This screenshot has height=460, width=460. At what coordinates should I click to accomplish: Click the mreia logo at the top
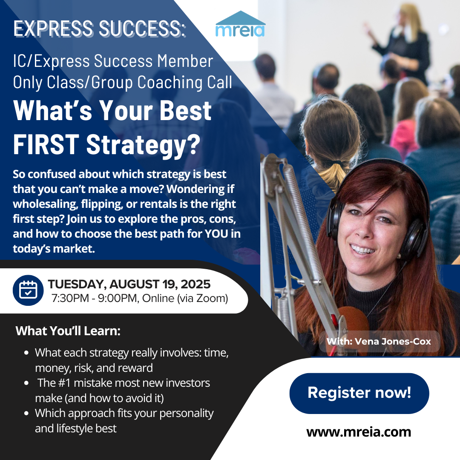tap(240, 24)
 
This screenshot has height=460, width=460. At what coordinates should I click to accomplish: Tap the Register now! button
tap(359, 393)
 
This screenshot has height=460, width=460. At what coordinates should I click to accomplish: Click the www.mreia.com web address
tap(359, 432)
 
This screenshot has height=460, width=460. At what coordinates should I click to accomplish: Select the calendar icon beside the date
tap(28, 290)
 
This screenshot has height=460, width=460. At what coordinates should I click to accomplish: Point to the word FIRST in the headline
tap(46, 144)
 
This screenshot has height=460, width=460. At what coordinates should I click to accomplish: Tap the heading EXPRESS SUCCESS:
tap(99, 29)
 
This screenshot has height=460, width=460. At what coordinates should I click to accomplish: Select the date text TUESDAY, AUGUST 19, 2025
tap(129, 284)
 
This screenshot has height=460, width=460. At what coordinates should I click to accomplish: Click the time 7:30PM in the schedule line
tap(70, 298)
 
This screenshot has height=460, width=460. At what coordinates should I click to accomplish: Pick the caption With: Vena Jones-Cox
tap(379, 342)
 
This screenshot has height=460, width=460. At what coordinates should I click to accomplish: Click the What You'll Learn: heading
tap(68, 331)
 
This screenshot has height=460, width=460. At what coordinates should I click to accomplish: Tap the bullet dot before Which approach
tap(26, 413)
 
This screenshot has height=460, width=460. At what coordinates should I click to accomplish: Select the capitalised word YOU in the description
tap(216, 234)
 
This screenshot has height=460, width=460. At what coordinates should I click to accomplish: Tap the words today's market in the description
tap(54, 249)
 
